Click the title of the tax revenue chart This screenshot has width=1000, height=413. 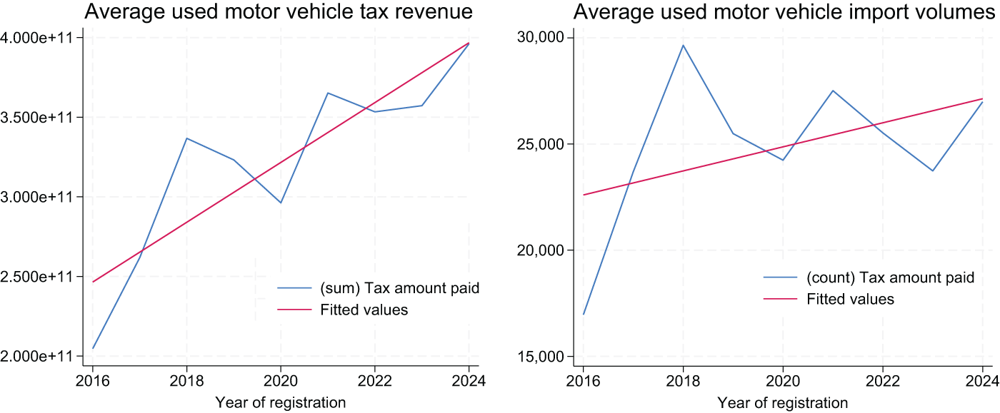[x=279, y=12]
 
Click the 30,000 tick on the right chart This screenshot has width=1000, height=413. [x=540, y=37]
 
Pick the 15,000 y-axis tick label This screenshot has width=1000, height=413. [x=540, y=357]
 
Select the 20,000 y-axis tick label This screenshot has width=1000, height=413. [x=540, y=250]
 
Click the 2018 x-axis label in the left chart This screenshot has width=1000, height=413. [x=186, y=380]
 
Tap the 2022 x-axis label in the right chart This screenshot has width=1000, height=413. [x=883, y=380]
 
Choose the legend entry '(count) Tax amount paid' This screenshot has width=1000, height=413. [x=890, y=277]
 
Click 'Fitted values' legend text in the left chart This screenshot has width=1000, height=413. [x=364, y=310]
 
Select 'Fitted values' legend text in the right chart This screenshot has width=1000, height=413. [x=850, y=299]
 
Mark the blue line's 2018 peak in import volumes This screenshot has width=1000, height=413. [x=683, y=45]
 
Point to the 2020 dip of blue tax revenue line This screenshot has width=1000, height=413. [x=281, y=203]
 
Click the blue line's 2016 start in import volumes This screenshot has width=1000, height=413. [x=584, y=314]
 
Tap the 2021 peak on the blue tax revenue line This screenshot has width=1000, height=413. [x=328, y=93]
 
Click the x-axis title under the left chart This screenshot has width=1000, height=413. [x=280, y=402]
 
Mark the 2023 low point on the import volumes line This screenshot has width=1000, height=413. [x=933, y=170]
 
